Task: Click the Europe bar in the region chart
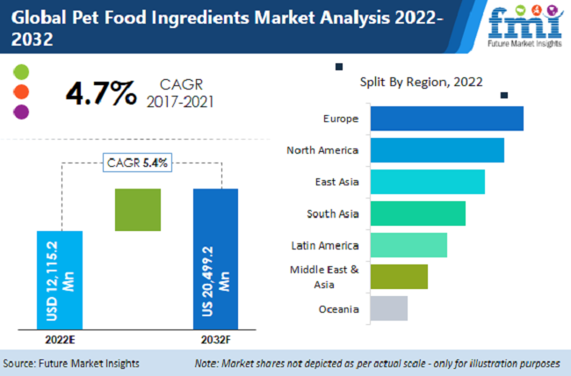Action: [446, 119]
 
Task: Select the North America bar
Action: [437, 150]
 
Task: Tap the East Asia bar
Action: [427, 182]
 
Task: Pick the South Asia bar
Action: [417, 213]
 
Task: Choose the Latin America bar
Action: [408, 245]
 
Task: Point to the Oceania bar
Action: [388, 308]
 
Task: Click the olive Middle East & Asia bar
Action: [399, 277]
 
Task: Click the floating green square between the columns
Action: [138, 210]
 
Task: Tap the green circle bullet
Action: [22, 71]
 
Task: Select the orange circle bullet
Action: [22, 91]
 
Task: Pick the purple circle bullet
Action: [22, 112]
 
